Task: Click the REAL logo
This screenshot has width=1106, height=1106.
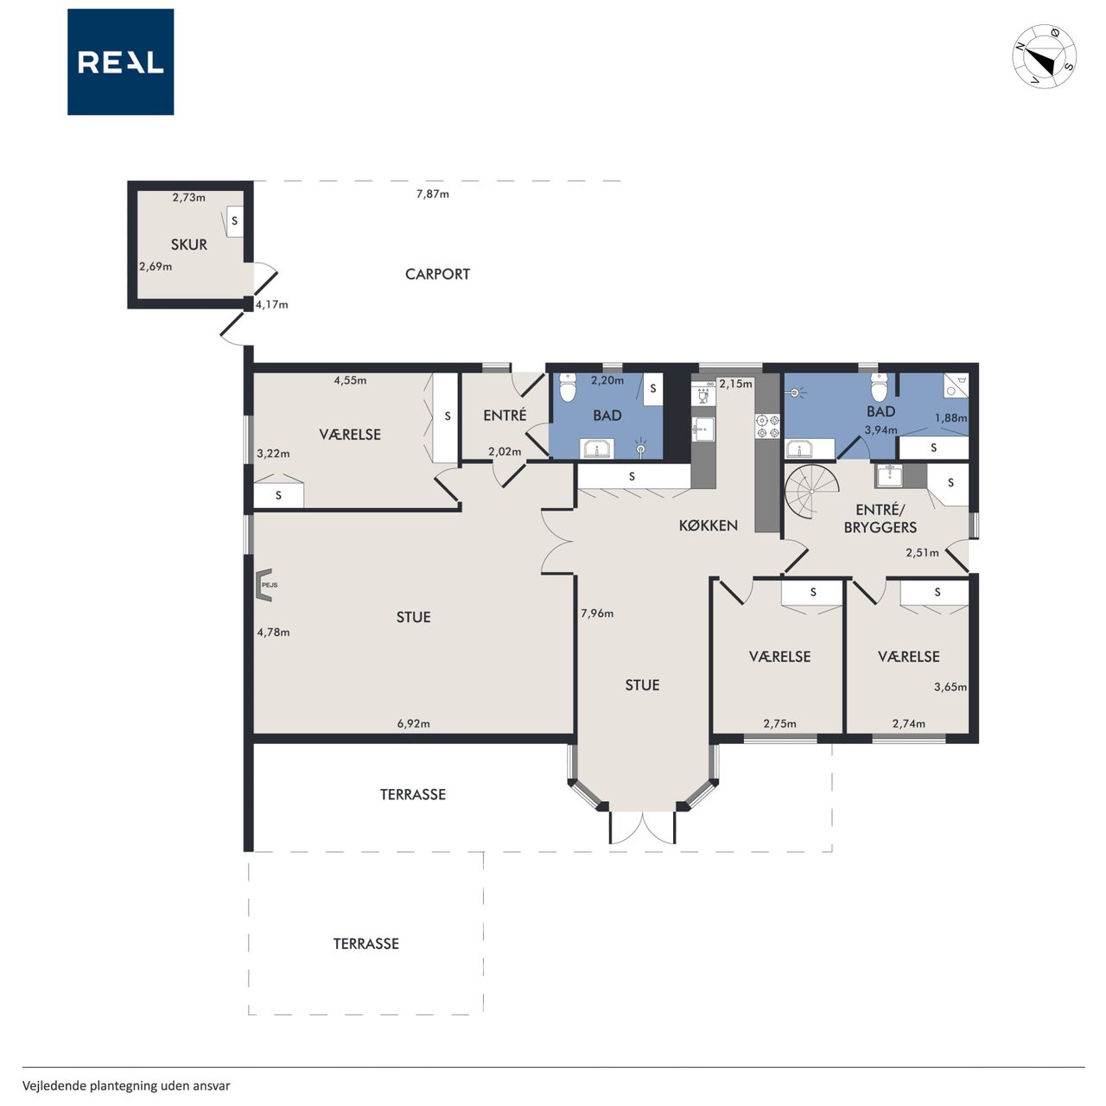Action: pyautogui.click(x=120, y=62)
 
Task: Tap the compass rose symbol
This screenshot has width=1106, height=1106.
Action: pyautogui.click(x=1044, y=56)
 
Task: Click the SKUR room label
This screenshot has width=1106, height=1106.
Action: pyautogui.click(x=189, y=245)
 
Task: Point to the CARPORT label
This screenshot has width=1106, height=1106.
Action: pyautogui.click(x=437, y=275)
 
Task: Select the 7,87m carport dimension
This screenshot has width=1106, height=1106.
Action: pyautogui.click(x=432, y=194)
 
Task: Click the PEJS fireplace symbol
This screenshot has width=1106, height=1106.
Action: pyautogui.click(x=264, y=585)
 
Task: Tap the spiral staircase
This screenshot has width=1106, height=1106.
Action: pyautogui.click(x=811, y=492)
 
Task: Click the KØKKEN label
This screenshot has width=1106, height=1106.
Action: pyautogui.click(x=709, y=525)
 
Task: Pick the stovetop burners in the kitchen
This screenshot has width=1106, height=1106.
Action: pyautogui.click(x=767, y=427)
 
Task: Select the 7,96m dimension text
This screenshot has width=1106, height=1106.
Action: pyautogui.click(x=597, y=613)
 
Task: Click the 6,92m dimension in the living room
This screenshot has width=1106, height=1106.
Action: pyautogui.click(x=413, y=723)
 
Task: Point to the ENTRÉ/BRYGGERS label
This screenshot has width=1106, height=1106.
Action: pyautogui.click(x=880, y=518)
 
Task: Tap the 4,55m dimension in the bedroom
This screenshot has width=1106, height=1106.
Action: pyautogui.click(x=350, y=380)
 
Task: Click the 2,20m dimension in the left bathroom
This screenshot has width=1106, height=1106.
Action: pyautogui.click(x=607, y=380)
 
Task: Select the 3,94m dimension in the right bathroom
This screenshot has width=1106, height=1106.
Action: pyautogui.click(x=881, y=430)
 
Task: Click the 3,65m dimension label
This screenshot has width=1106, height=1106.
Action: pyautogui.click(x=950, y=686)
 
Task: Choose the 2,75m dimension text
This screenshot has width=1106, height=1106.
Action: pyautogui.click(x=779, y=723)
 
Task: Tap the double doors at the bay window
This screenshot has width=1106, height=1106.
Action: pyautogui.click(x=642, y=828)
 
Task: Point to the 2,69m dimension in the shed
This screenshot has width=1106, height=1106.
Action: pyautogui.click(x=156, y=266)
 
